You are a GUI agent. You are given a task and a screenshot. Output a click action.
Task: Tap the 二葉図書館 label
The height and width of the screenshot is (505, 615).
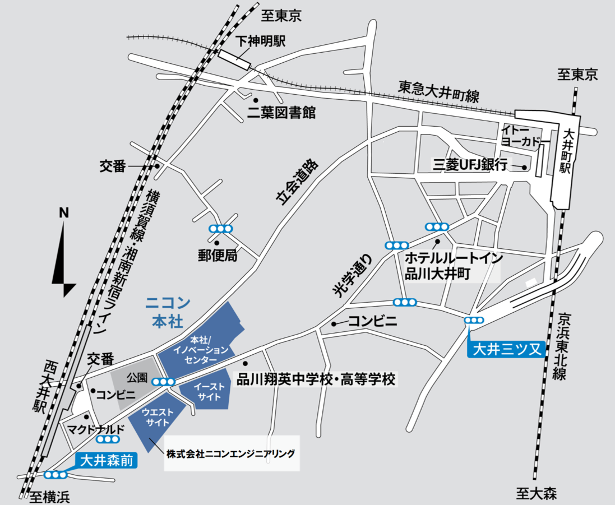281,113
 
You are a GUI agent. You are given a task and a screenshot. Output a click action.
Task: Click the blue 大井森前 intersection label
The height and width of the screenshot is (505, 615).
106,461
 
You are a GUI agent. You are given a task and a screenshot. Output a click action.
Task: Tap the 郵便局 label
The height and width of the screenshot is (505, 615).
217,256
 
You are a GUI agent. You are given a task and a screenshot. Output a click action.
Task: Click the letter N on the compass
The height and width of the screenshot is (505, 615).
64,213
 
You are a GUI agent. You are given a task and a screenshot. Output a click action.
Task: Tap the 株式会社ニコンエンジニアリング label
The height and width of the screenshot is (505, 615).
230,453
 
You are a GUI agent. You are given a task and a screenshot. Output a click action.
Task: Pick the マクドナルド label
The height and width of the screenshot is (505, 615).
95,430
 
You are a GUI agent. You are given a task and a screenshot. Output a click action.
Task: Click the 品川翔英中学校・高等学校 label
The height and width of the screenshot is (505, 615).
317,379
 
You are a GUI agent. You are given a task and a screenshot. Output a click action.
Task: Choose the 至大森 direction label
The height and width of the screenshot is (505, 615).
536,493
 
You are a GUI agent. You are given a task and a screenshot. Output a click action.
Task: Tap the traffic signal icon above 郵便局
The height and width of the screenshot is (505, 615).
220,228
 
